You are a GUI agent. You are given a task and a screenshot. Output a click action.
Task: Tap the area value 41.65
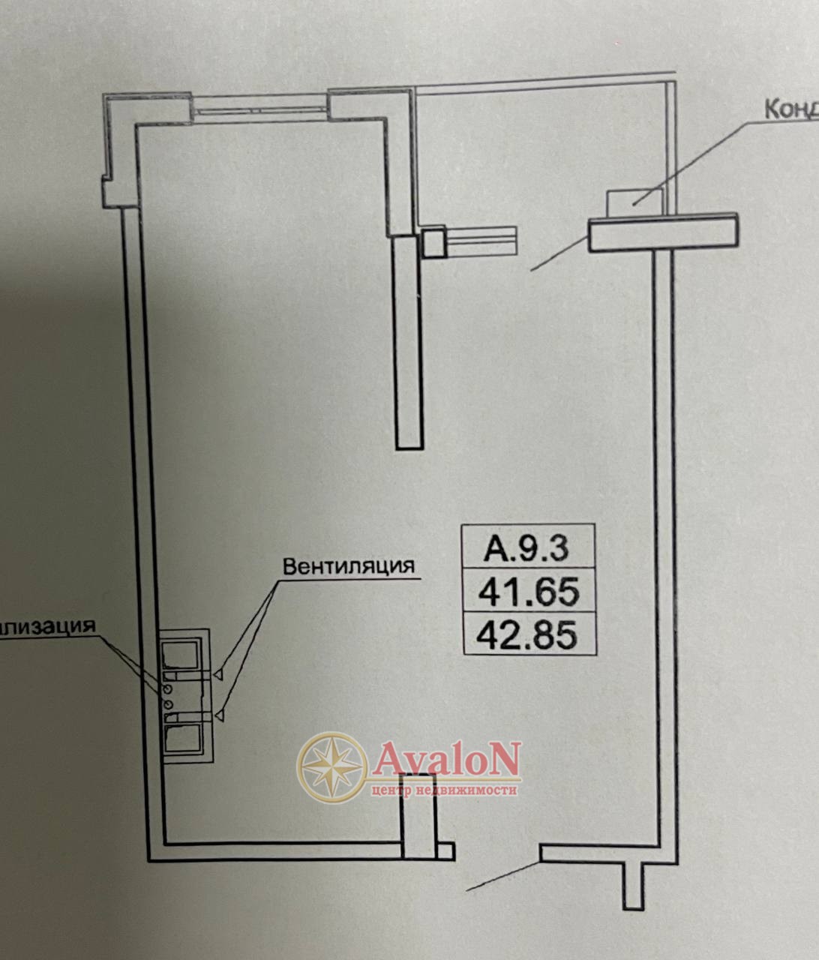point(529,592)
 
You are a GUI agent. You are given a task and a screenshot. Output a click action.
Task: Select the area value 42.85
point(529,635)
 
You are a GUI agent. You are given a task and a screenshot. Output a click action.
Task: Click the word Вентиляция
point(348,565)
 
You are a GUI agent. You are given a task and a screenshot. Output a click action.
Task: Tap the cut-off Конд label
point(790,109)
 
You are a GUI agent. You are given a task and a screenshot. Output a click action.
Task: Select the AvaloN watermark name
point(445,760)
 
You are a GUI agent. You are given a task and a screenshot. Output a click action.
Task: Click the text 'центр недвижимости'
point(444,790)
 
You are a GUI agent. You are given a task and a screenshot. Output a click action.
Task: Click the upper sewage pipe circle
point(167,688)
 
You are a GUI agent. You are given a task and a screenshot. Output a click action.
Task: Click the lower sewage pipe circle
point(167,703)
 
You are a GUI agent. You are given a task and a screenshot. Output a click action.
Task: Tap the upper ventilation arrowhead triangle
point(218,675)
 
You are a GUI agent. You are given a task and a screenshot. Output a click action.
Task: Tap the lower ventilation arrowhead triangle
point(218,718)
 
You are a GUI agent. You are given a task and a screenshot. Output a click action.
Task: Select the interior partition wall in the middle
point(409,341)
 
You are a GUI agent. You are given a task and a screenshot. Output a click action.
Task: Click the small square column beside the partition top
point(433,243)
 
